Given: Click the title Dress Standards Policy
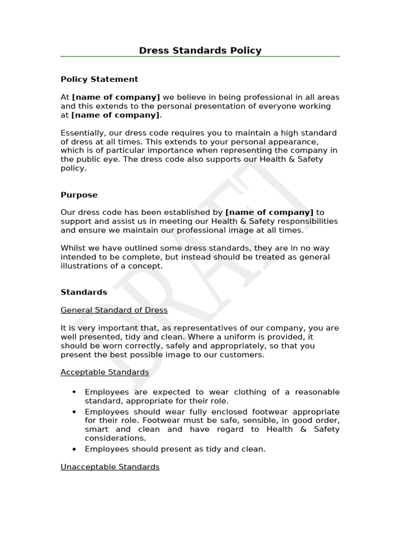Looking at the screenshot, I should click(x=200, y=51).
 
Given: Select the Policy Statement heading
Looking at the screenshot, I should click(x=99, y=79).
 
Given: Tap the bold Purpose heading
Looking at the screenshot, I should click(x=79, y=195).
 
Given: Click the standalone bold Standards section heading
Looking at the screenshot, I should click(x=84, y=292).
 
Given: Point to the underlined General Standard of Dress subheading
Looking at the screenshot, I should click(x=114, y=310).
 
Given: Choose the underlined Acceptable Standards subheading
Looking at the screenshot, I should click(x=104, y=372).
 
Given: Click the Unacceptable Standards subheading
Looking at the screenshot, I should click(x=110, y=467).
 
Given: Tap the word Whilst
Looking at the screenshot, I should click(x=73, y=248).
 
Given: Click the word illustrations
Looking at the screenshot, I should click(x=84, y=266).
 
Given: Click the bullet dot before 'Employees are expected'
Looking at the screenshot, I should click(x=74, y=392).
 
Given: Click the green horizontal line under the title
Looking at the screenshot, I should click(x=200, y=56).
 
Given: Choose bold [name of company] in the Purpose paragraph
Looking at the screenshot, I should click(x=269, y=212).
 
